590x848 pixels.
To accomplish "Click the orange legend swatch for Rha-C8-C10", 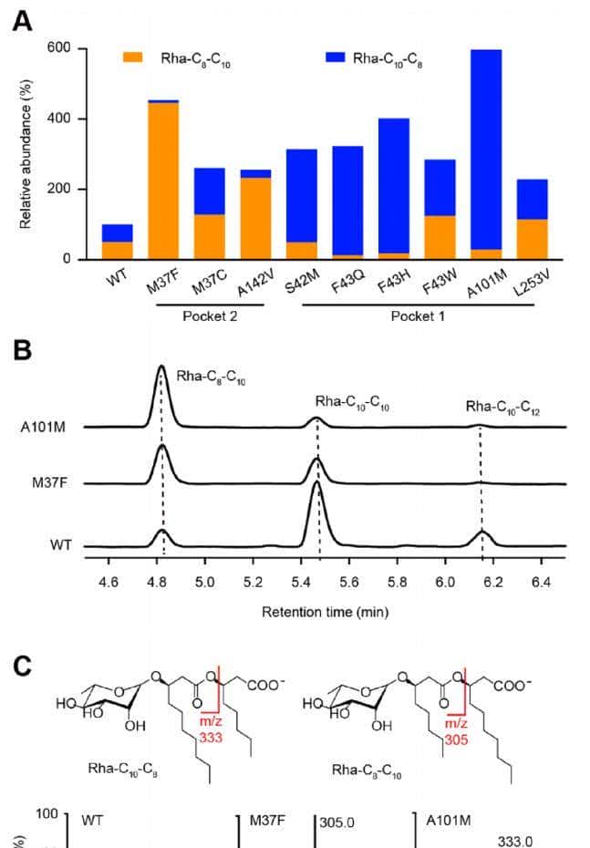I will tap(133, 57).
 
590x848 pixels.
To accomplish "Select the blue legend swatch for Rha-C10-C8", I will tap(344, 57).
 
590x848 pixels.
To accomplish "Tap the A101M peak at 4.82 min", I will tap(161, 368).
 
